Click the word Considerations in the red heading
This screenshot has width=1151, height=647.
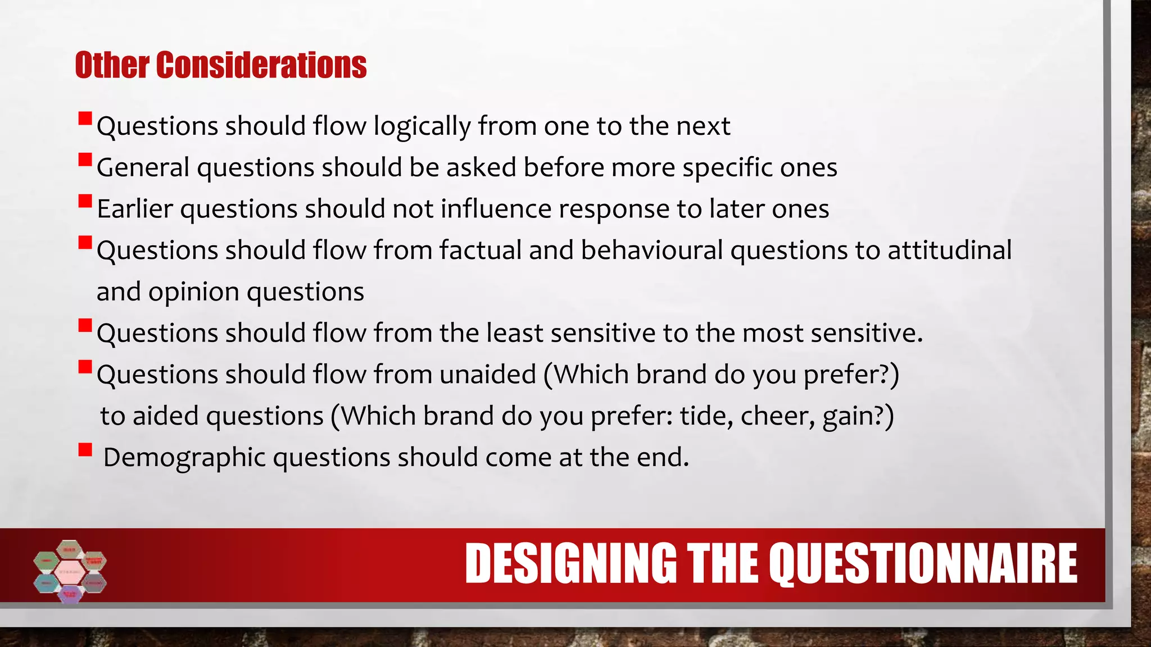tap(261, 65)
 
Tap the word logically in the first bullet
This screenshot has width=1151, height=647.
tap(422, 126)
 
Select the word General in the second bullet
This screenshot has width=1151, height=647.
tap(143, 167)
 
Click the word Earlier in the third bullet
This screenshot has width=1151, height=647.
tap(134, 209)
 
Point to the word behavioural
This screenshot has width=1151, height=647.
tap(651, 250)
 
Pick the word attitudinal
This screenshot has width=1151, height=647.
tap(949, 250)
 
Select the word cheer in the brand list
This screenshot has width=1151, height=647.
tap(777, 416)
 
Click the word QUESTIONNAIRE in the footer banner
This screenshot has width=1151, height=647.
tap(922, 564)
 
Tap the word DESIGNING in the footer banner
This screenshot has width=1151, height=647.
tap(570, 564)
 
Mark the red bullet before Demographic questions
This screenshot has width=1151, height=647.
tap(85, 450)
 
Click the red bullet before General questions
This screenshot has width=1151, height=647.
tap(85, 160)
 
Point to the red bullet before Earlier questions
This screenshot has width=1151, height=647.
tap(85, 201)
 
